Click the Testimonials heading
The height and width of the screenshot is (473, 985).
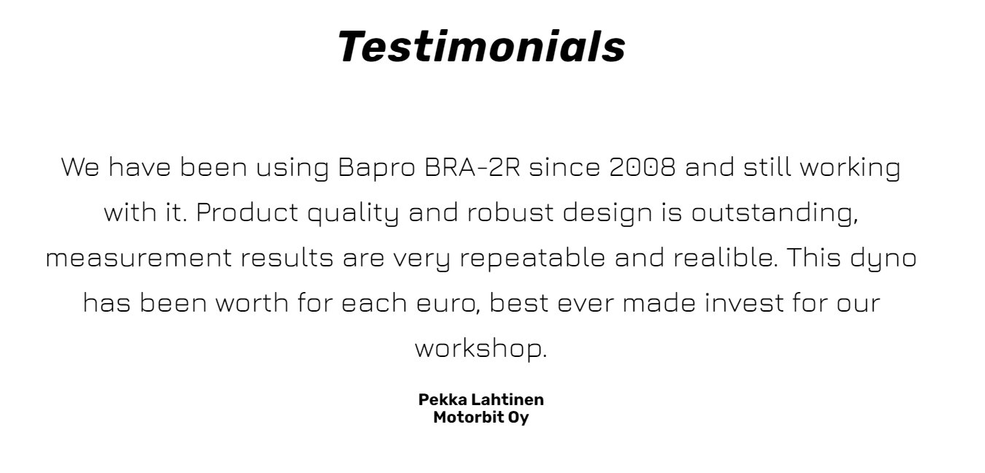(481, 46)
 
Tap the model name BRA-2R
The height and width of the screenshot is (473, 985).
(472, 167)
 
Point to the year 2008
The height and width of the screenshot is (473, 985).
(642, 167)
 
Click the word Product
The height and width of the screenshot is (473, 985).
(247, 212)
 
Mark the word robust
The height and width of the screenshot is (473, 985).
(510, 212)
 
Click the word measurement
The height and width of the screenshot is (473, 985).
(139, 258)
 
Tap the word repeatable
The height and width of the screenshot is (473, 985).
(532, 259)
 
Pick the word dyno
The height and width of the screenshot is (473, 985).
(883, 259)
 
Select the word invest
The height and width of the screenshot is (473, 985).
(744, 303)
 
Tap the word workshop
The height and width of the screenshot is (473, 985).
(481, 349)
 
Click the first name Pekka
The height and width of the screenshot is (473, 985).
(443, 399)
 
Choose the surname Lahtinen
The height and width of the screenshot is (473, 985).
(507, 399)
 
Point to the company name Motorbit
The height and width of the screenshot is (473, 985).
(468, 417)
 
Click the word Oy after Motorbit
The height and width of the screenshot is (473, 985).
(518, 418)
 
